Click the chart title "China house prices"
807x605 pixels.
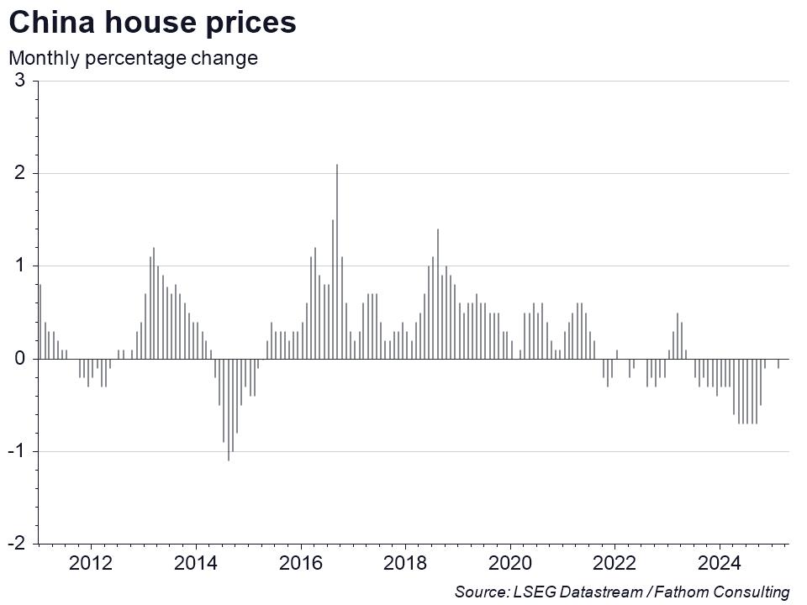[152, 23]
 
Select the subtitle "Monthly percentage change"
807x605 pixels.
[133, 59]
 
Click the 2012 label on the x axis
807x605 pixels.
[91, 563]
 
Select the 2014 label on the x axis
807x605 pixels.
[196, 563]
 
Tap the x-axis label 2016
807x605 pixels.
[301, 563]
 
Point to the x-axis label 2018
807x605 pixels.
[405, 563]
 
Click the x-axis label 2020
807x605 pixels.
[510, 563]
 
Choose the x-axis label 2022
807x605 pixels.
[614, 563]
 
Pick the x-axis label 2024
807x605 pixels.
[720, 563]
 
